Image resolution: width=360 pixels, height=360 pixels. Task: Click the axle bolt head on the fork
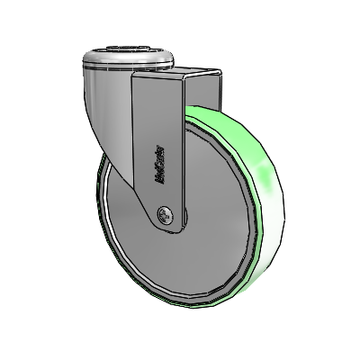click(164, 214)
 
